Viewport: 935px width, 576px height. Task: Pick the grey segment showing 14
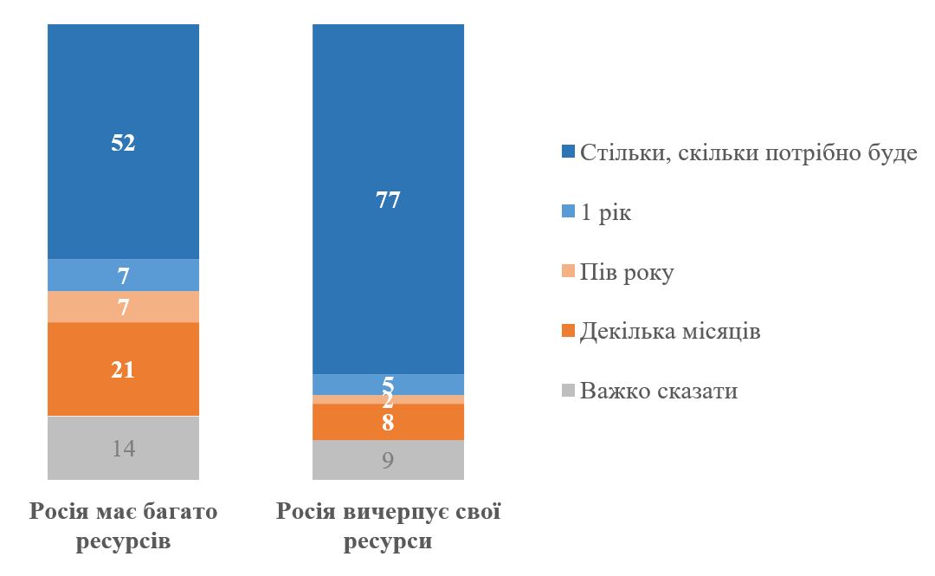tap(123, 448)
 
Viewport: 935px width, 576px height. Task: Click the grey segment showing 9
tap(388, 459)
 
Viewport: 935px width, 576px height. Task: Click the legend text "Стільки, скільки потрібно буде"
tap(748, 154)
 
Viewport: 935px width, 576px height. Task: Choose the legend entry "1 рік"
tap(606, 213)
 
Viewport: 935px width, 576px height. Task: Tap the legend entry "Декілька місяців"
tap(670, 332)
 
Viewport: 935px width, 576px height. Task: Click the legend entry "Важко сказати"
tap(659, 391)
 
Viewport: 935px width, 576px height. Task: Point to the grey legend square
tap(568, 392)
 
